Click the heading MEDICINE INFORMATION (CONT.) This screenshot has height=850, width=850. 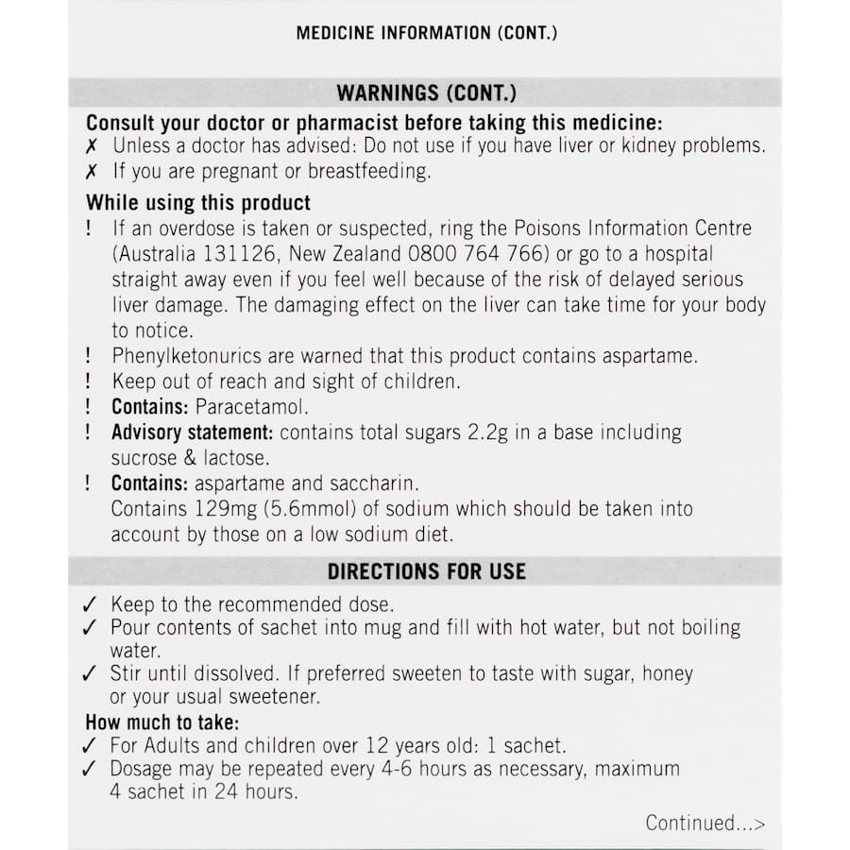click(x=426, y=33)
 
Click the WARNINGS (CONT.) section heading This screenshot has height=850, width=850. click(x=426, y=93)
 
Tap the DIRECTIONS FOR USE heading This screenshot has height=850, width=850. click(x=426, y=571)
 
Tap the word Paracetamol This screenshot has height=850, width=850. click(x=252, y=407)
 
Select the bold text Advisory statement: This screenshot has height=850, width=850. click(x=193, y=433)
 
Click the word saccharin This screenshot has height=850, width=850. click(x=370, y=484)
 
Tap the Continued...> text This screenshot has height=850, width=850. click(x=705, y=823)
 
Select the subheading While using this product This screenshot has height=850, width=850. click(x=198, y=203)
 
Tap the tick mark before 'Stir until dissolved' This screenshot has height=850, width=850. click(x=90, y=674)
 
